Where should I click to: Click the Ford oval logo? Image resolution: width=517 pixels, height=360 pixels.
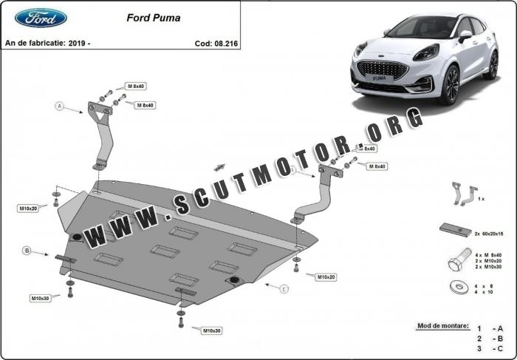[x=41, y=17]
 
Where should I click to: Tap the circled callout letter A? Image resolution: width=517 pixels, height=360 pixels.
[x=60, y=106]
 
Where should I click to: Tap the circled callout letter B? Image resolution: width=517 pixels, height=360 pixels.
[x=27, y=251]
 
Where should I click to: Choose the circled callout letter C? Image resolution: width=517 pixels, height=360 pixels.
[x=284, y=290]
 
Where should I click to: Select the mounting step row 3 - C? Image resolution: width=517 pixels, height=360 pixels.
[x=489, y=347]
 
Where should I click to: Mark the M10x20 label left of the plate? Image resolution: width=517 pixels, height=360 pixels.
[x=28, y=208]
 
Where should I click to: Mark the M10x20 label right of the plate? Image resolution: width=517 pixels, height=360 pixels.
[x=326, y=277]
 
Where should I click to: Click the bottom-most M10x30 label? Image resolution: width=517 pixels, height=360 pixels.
[x=212, y=330]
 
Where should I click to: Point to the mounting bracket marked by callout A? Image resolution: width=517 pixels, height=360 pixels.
[x=102, y=133]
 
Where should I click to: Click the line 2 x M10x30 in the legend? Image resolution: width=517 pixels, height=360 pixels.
[x=489, y=266]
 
